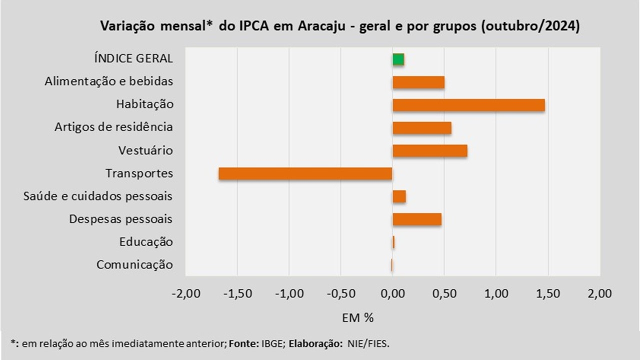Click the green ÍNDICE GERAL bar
[x=398, y=59]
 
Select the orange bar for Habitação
[x=468, y=105]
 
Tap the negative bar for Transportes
[x=305, y=173]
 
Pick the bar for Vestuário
[x=430, y=150]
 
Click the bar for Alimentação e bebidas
[x=418, y=82]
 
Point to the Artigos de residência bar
[x=422, y=128]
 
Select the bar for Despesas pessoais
[x=417, y=219]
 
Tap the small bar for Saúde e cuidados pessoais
[x=399, y=196]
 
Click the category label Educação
[x=146, y=242]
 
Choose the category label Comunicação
[x=135, y=265]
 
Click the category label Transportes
[x=139, y=173]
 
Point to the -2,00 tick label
[x=185, y=294]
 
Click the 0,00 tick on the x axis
[x=393, y=294]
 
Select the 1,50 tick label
[x=548, y=294]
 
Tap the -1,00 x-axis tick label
[x=289, y=294]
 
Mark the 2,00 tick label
[x=600, y=294]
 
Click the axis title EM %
[x=358, y=317]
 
